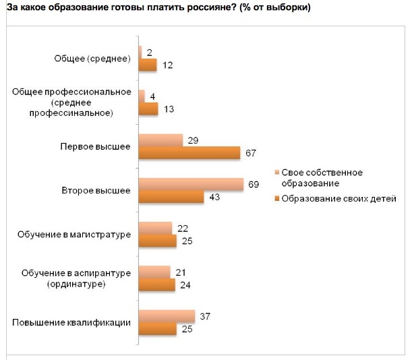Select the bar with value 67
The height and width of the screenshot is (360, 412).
click(189, 153)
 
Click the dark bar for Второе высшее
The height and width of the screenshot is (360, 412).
click(171, 197)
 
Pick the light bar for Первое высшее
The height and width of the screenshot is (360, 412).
click(160, 140)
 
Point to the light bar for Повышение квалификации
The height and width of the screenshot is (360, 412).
click(166, 317)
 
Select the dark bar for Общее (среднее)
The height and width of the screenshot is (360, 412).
click(147, 65)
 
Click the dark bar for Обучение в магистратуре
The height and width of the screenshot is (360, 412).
click(157, 241)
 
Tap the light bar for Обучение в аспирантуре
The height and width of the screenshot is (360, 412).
click(154, 272)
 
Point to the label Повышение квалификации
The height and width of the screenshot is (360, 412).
click(71, 323)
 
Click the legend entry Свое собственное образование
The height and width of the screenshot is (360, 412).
click(321, 177)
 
